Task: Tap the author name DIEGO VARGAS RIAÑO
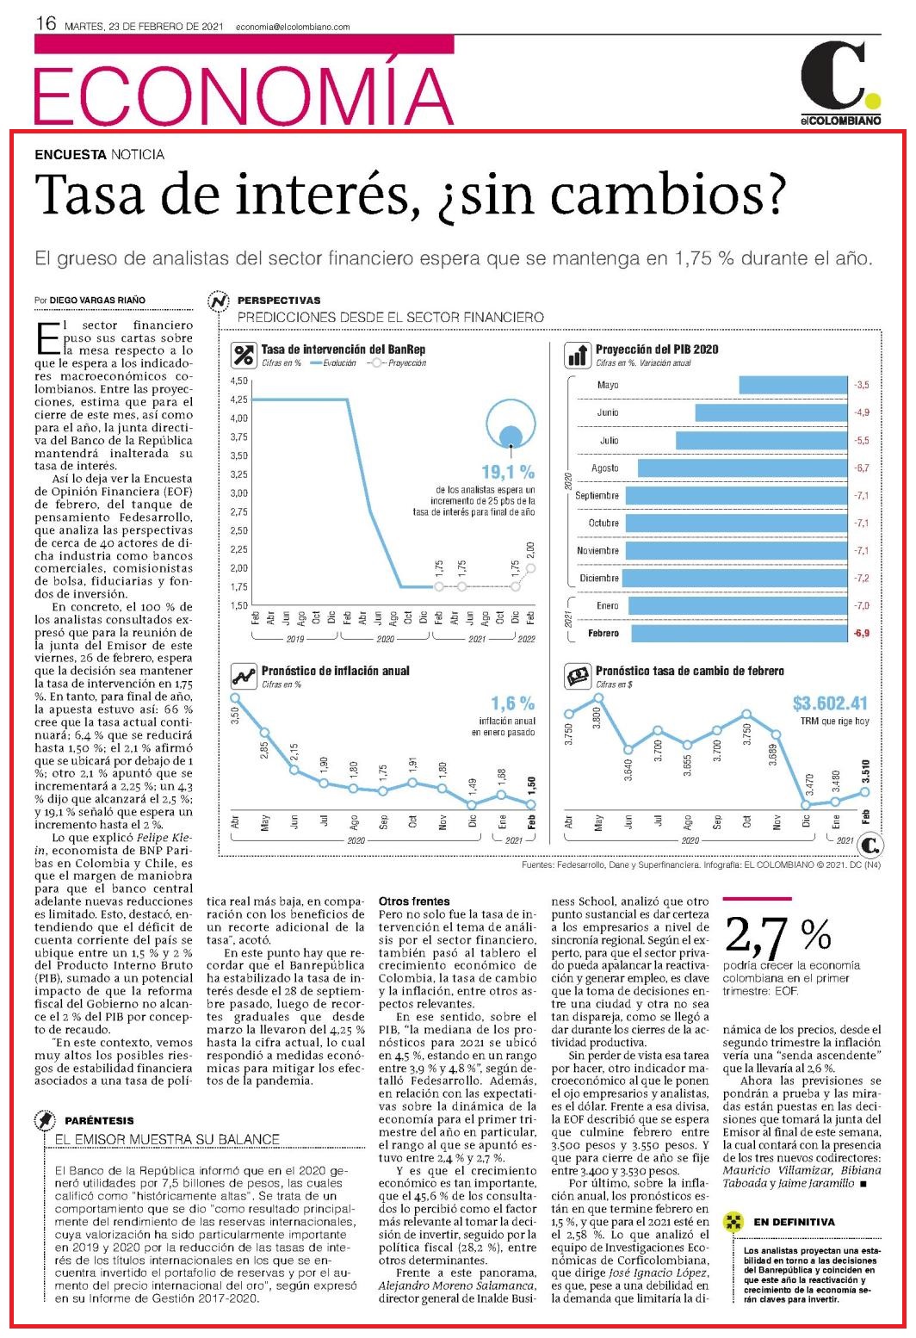[97, 300]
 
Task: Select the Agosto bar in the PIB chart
[743, 468]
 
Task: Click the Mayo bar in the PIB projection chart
[794, 385]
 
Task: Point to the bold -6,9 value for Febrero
[862, 633]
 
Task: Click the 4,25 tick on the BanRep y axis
[238, 400]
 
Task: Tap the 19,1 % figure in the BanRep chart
[508, 473]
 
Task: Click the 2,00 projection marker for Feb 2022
[530, 568]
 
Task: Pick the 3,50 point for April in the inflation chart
[235, 697]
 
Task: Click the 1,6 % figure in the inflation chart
[512, 703]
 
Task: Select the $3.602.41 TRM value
[830, 703]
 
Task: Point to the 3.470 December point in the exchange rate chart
[806, 804]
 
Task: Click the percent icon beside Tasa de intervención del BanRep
[244, 356]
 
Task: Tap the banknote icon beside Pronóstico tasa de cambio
[578, 677]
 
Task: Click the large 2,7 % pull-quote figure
[777, 935]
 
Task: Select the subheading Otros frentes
[414, 901]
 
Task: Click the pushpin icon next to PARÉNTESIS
[46, 1120]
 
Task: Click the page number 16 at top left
[46, 23]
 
